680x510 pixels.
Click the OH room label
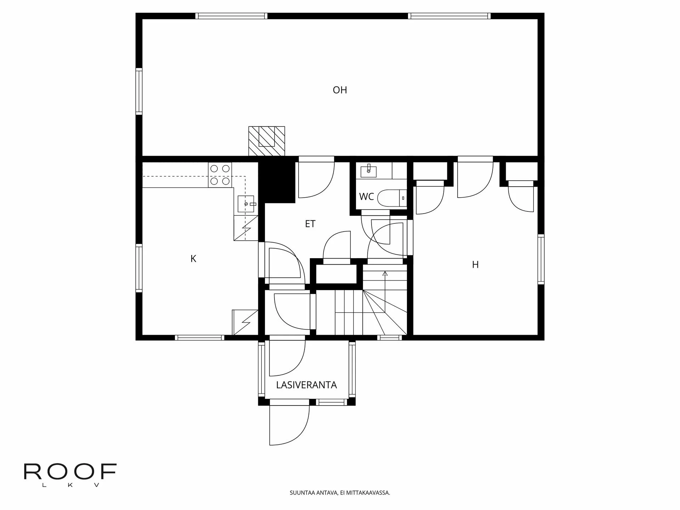coord(340,90)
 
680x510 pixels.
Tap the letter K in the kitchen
coord(193,259)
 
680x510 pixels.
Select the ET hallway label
coord(310,224)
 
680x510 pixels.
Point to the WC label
coord(366,197)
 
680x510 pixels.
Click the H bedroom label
coord(475,265)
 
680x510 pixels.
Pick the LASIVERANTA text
coord(306,385)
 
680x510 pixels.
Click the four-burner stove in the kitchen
coord(220,175)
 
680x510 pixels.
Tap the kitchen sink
coord(245,204)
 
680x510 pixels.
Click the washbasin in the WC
coord(369,171)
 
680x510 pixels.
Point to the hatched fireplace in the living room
coord(267,141)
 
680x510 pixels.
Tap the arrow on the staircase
coord(385,273)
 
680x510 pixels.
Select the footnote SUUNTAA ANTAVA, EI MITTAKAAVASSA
coord(340,493)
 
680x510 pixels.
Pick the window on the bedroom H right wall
coord(540,259)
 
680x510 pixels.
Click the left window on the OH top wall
coord(231,16)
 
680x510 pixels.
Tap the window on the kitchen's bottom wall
coord(200,338)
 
